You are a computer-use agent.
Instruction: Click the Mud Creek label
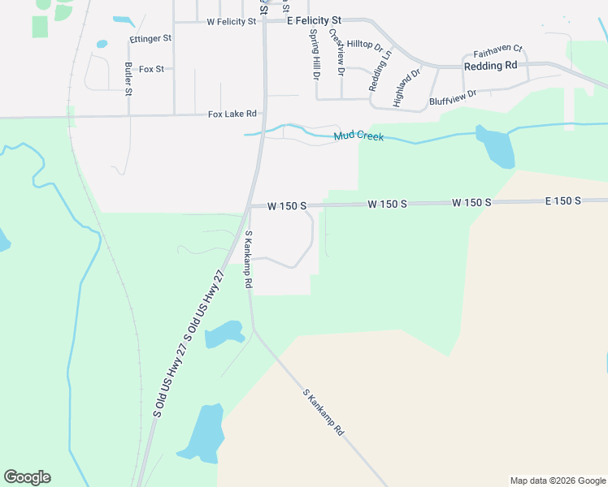(358, 137)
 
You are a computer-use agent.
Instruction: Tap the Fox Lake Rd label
(232, 114)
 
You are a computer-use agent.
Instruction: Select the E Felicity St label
(315, 20)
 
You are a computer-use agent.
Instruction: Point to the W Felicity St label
(232, 22)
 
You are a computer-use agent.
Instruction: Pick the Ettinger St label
(150, 38)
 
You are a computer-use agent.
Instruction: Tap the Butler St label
(128, 79)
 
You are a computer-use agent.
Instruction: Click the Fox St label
(151, 69)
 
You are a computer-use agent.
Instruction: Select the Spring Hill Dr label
(315, 54)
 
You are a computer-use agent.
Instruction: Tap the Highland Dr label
(406, 88)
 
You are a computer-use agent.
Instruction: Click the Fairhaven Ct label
(497, 50)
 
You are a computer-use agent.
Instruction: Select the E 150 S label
(563, 200)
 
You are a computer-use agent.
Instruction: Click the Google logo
(27, 477)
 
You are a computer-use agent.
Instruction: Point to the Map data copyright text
(557, 481)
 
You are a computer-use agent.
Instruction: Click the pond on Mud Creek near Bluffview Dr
(495, 147)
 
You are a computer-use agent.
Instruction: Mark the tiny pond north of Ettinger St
(102, 44)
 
